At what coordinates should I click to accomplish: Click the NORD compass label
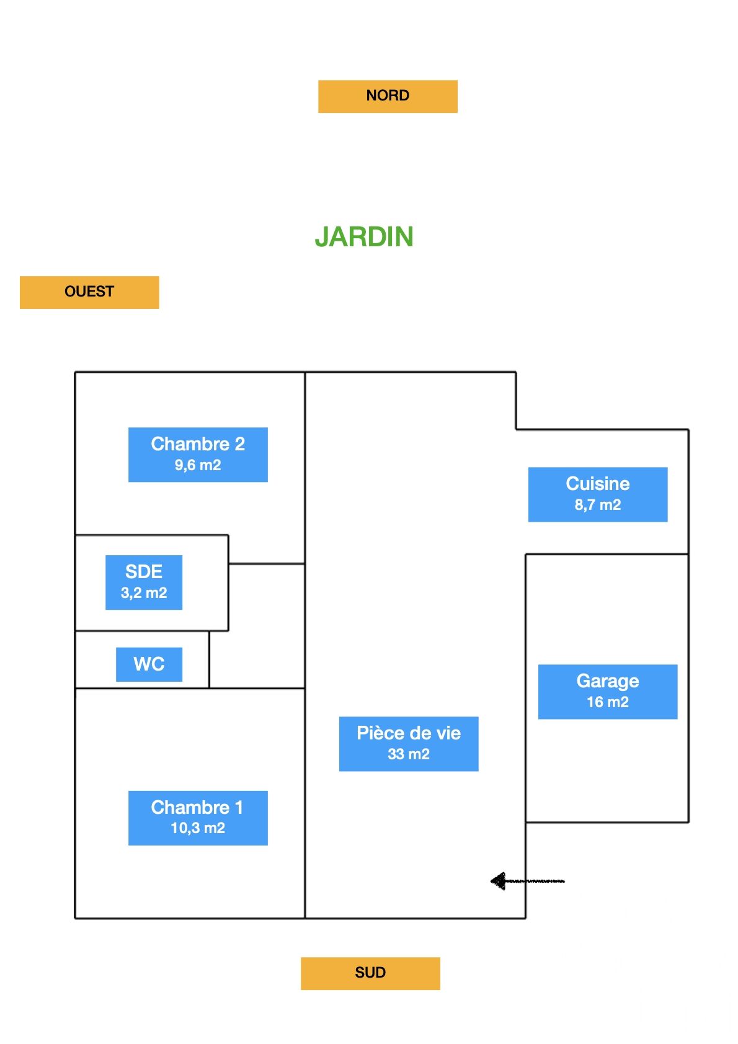click(x=388, y=96)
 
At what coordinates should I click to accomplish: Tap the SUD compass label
click(x=370, y=973)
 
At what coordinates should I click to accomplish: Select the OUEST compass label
click(x=89, y=292)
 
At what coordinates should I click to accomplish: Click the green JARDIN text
click(x=364, y=237)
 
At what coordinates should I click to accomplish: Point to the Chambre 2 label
click(x=198, y=444)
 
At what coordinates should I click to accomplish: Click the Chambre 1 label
click(x=197, y=807)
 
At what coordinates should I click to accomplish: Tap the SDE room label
click(x=144, y=571)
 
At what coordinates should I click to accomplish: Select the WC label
click(x=149, y=664)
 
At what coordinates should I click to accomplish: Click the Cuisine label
click(x=598, y=484)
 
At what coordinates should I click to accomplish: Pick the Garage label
click(x=608, y=681)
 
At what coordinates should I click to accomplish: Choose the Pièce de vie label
click(x=409, y=733)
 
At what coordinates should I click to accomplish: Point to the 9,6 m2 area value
click(x=198, y=465)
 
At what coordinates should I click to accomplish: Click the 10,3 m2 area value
click(x=198, y=828)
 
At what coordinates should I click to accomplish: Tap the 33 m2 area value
click(x=409, y=754)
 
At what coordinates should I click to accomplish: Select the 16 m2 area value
click(x=608, y=702)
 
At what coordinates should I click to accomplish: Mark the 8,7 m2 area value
click(x=598, y=505)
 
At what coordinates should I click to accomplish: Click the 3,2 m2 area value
click(x=144, y=593)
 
